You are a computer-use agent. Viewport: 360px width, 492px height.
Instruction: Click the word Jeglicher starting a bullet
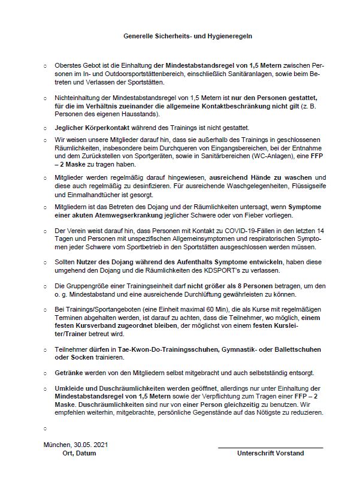pos(68,128)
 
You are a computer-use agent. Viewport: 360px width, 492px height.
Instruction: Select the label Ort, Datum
pos(80,454)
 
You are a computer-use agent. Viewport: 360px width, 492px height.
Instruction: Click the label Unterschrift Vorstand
pos(270,454)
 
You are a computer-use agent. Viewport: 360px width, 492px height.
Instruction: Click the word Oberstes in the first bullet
pos(66,64)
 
